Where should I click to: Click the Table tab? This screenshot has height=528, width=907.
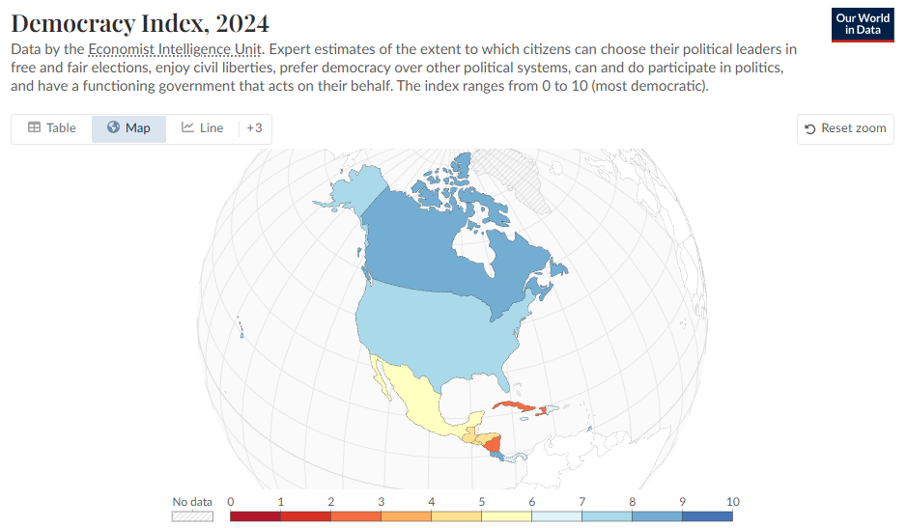52,128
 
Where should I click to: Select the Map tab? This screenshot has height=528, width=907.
128,128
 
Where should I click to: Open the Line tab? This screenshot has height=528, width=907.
202,128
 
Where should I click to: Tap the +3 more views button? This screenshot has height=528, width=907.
254,128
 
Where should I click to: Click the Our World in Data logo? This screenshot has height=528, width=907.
862,25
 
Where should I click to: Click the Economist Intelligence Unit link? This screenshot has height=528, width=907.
163,48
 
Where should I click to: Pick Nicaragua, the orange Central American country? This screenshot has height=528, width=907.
494,445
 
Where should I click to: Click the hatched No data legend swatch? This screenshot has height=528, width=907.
192,516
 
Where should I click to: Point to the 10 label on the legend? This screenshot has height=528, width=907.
733,502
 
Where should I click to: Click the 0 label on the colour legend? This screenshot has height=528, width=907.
231,502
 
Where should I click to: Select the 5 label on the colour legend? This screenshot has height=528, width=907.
482,502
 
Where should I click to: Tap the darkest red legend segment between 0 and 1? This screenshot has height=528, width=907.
256,516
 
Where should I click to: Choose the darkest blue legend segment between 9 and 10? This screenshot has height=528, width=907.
708,516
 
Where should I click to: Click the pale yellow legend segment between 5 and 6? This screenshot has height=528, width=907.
507,516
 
